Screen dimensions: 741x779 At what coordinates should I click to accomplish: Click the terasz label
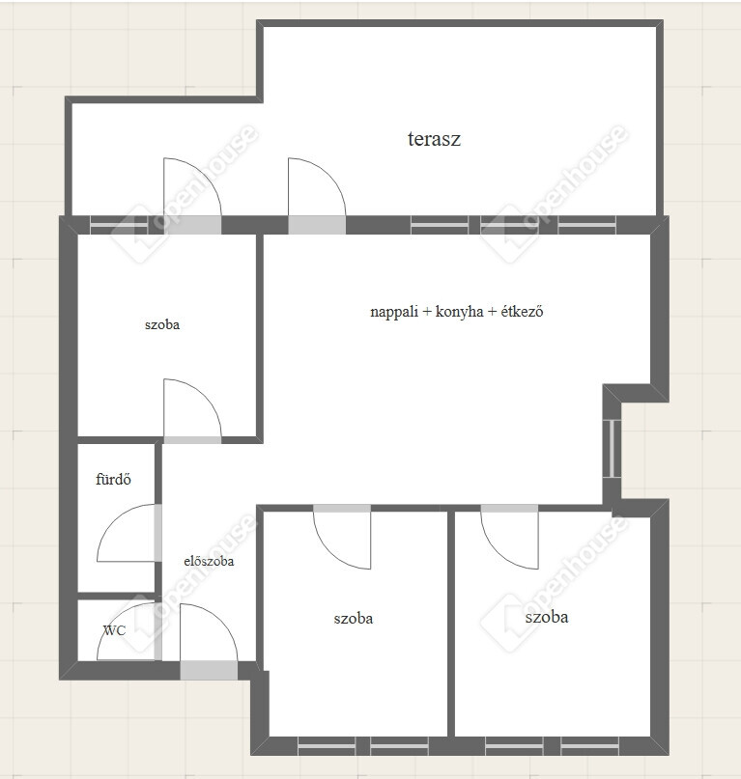(x=434, y=139)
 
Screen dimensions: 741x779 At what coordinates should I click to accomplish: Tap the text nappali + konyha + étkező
(x=457, y=312)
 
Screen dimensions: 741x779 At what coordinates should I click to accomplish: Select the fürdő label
(x=113, y=479)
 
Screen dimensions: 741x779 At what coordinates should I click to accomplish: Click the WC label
(x=114, y=630)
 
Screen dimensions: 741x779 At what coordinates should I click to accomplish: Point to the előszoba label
(x=209, y=561)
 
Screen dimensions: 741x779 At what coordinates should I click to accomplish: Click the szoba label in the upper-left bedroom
(x=162, y=324)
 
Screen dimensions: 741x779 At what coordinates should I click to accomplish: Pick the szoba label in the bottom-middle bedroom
(x=353, y=619)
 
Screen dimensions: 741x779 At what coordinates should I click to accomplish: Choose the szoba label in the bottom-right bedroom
(x=547, y=617)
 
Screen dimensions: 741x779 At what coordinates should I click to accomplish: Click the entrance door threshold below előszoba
(x=209, y=670)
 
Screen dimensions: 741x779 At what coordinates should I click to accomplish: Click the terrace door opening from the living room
(x=317, y=225)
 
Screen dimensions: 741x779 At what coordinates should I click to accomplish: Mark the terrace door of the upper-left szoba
(x=192, y=225)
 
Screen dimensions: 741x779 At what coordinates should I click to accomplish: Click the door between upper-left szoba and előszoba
(x=192, y=440)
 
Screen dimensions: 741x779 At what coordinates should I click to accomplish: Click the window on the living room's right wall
(x=613, y=449)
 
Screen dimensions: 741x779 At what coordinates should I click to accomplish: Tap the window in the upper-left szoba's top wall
(x=119, y=225)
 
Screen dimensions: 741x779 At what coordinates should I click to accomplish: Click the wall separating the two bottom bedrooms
(x=451, y=624)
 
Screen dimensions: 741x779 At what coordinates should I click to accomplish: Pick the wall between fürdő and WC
(x=117, y=597)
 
